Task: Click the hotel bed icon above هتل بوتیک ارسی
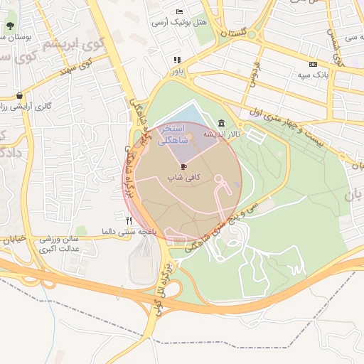179,12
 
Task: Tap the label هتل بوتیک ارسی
179,23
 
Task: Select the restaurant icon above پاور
177,60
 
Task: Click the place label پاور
176,72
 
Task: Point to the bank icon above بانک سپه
314,64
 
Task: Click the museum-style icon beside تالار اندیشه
223,122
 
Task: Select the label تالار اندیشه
222,134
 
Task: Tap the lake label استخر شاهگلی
173,134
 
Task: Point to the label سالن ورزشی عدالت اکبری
58,244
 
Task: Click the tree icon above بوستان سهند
10,26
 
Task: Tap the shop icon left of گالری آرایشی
18,95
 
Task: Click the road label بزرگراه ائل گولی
163,289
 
